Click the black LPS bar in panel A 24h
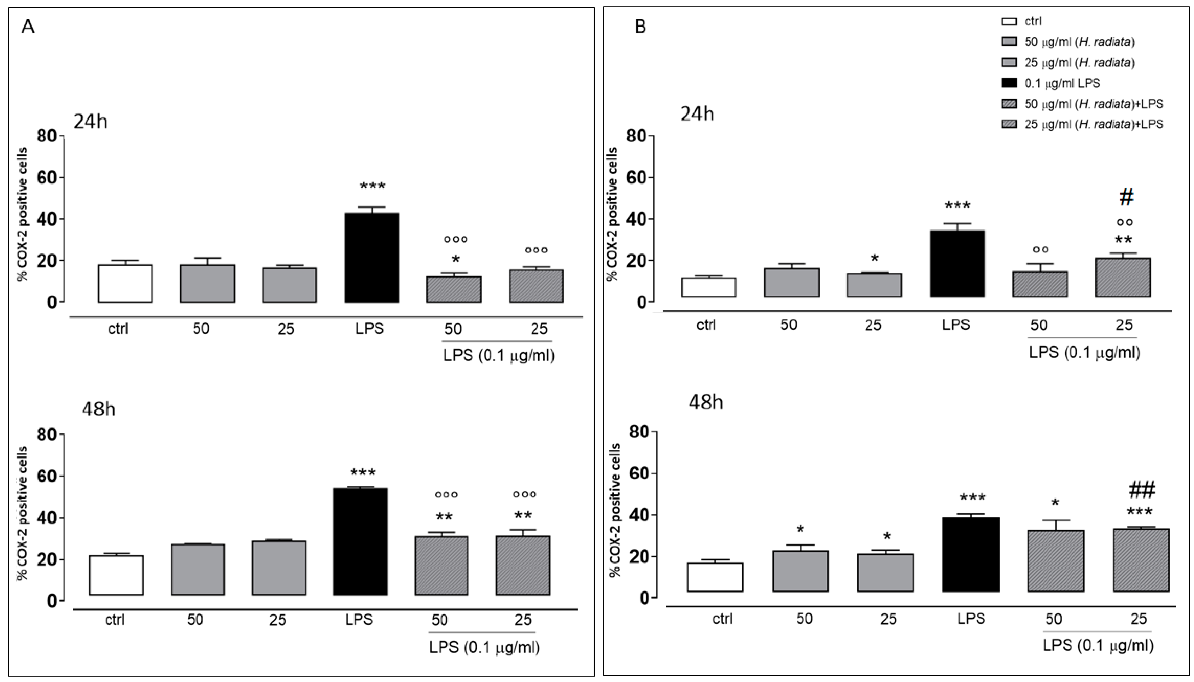pos(372,258)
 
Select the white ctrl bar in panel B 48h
pos(715,577)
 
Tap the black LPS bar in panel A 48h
pos(360,542)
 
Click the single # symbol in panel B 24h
pos(1126,198)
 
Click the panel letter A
pos(28,27)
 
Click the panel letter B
pos(640,27)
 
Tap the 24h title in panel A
pos(90,122)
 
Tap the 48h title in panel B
pos(706,402)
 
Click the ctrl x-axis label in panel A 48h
pos(115,620)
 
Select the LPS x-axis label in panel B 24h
pos(956,325)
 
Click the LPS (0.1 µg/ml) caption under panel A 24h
pos(499,356)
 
